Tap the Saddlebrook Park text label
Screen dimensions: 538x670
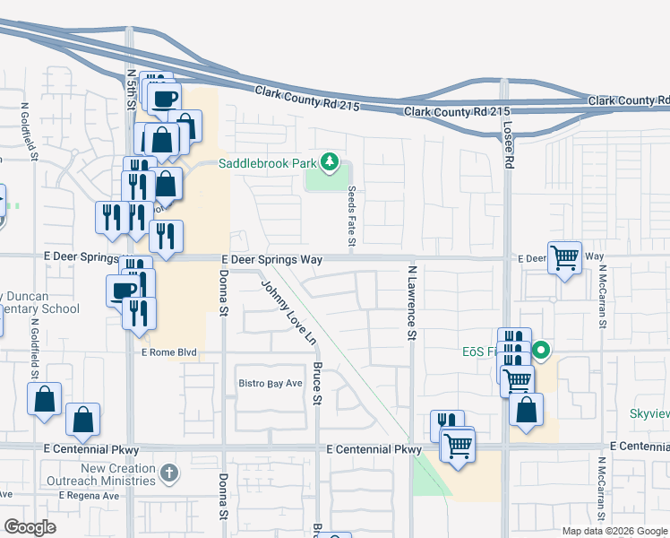point(268,163)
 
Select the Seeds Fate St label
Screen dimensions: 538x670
point(353,216)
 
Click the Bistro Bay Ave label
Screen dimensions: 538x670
point(270,384)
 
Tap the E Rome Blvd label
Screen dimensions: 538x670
point(168,353)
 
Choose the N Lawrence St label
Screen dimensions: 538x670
point(412,302)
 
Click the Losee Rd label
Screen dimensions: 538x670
point(509,145)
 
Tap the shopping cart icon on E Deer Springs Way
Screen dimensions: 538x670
point(564,258)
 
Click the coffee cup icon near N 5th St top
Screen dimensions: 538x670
point(166,99)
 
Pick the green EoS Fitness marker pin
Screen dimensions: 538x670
point(540,350)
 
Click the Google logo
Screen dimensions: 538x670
point(30,526)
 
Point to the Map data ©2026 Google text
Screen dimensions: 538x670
point(614,531)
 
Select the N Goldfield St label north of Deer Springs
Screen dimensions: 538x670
point(25,133)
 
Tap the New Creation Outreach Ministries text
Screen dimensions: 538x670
point(106,474)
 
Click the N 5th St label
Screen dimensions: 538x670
point(131,90)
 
